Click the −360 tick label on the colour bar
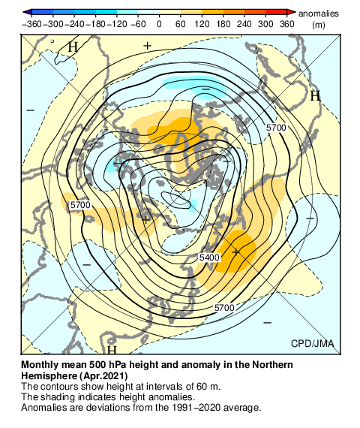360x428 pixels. (x=32, y=24)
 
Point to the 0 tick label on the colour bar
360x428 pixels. (x=159, y=24)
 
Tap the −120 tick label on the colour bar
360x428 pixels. (x=117, y=24)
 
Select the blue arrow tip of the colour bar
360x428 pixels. (x=26, y=13)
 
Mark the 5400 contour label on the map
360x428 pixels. (x=209, y=258)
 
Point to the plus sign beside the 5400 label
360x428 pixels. (x=235, y=252)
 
